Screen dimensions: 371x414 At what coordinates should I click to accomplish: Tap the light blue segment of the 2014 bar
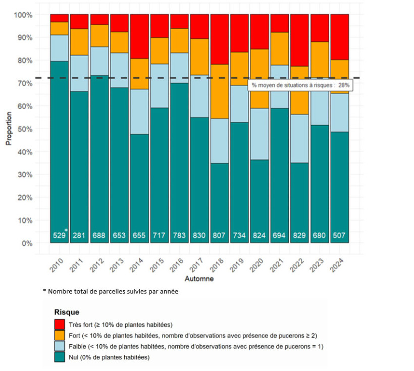point(139,112)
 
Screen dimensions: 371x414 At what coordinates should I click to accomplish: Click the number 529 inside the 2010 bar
point(59,235)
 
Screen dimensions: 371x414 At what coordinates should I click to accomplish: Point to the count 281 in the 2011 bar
point(79,235)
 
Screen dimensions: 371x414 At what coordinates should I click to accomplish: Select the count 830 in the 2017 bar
point(199,235)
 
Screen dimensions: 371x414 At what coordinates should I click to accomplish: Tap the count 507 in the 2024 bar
point(339,235)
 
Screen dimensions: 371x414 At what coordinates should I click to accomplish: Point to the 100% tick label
point(23,15)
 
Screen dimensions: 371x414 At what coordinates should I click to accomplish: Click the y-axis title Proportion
point(9,129)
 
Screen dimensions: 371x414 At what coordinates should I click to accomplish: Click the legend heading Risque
point(67,312)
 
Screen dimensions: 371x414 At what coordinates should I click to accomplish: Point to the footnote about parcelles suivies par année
point(110,292)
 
